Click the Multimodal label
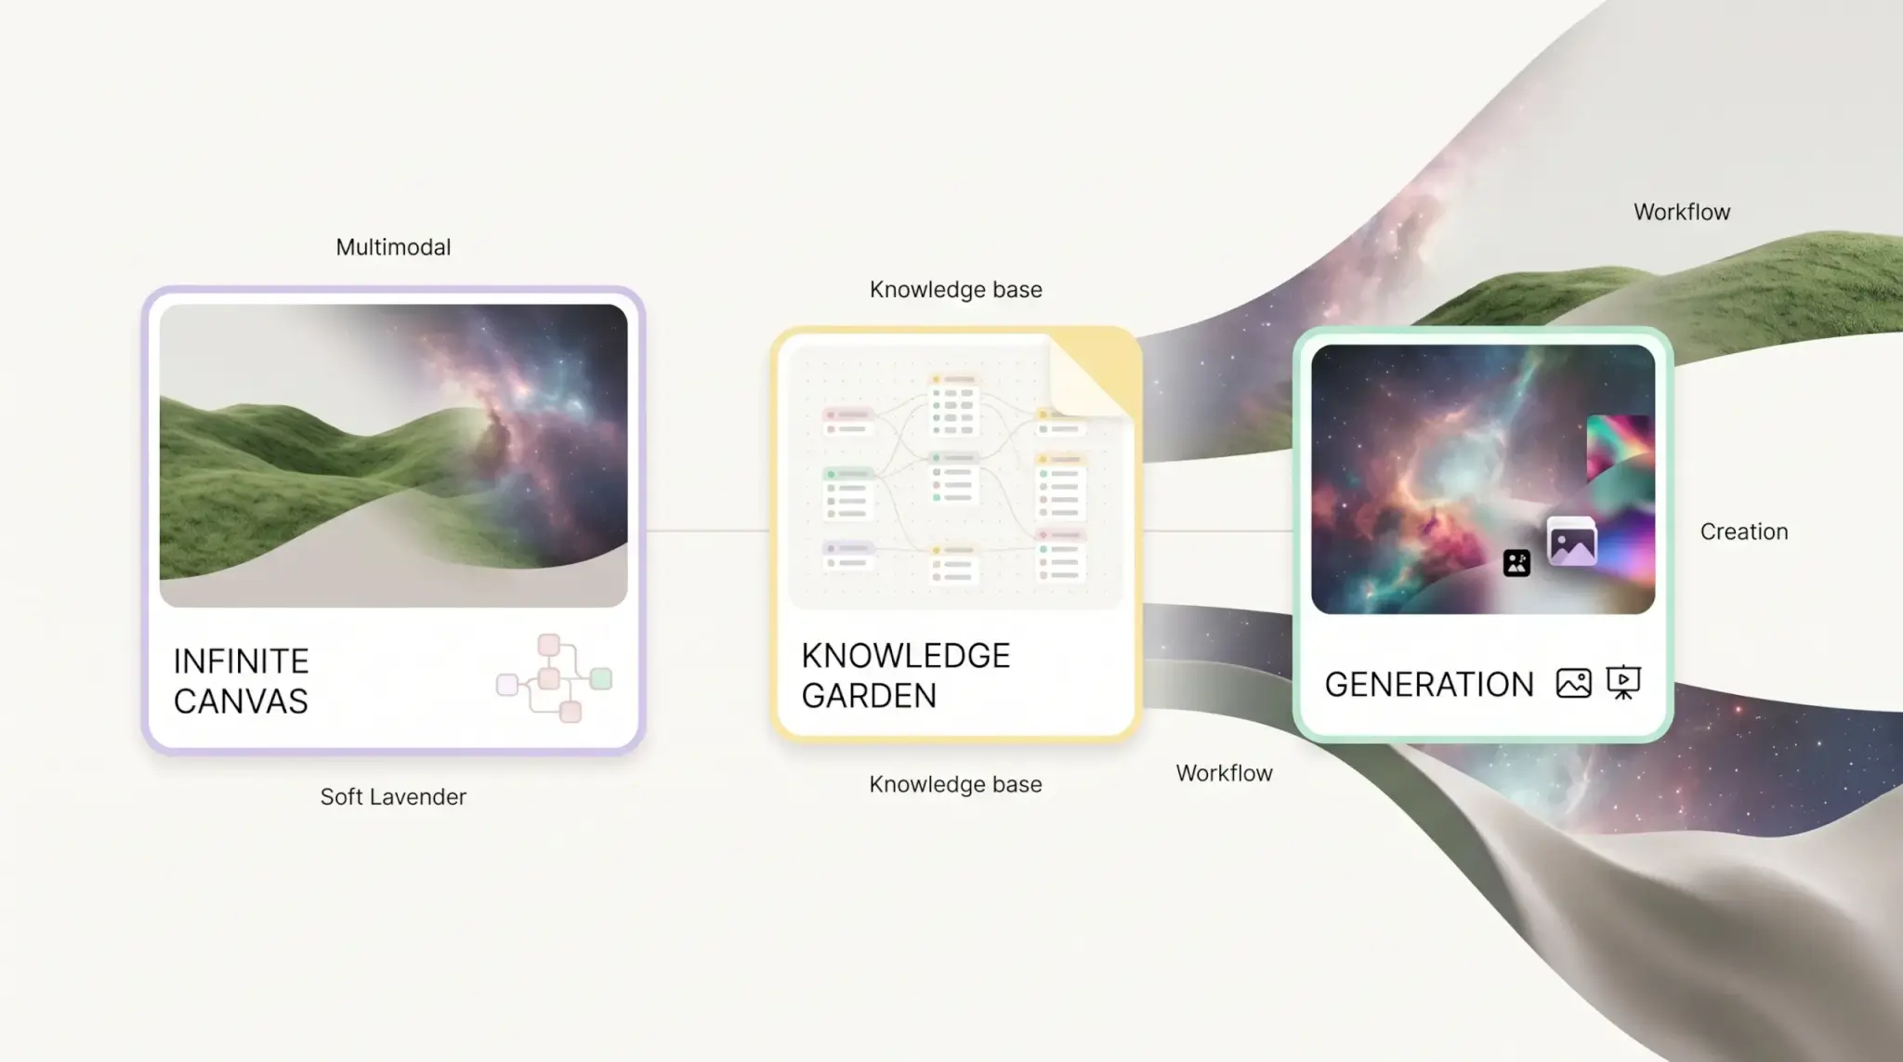click(x=393, y=247)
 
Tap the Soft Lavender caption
click(x=393, y=796)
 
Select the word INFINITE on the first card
click(x=241, y=662)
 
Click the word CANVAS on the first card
click(x=241, y=701)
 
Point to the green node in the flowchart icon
click(x=601, y=678)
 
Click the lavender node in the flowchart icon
click(x=507, y=685)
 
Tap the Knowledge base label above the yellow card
click(x=955, y=290)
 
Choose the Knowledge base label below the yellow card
click(x=955, y=784)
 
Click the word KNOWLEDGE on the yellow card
click(x=905, y=656)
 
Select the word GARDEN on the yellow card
click(x=869, y=696)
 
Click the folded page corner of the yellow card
click(x=1092, y=372)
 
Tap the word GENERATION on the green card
click(x=1428, y=685)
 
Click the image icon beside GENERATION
click(x=1573, y=683)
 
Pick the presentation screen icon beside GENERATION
click(x=1623, y=683)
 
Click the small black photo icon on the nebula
click(x=1516, y=562)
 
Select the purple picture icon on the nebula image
click(x=1572, y=541)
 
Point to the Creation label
click(x=1744, y=531)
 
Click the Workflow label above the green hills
click(x=1682, y=212)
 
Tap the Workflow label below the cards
click(x=1224, y=773)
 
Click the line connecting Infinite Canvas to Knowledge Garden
click(x=708, y=531)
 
